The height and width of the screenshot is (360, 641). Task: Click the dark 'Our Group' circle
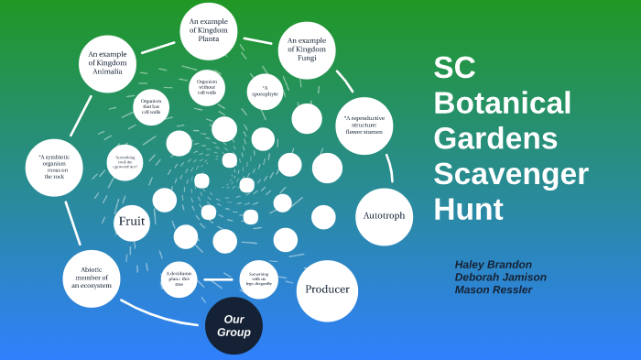coord(234,325)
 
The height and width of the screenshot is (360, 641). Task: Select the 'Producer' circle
coord(327,290)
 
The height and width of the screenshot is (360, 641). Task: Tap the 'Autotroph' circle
coord(384,216)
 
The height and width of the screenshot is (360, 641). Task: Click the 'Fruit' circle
coord(132,222)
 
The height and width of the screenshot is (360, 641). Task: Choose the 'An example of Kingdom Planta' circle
coord(209,31)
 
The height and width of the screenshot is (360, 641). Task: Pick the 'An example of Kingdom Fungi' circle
coord(307,49)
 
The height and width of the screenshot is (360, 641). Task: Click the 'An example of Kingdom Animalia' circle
coord(107,63)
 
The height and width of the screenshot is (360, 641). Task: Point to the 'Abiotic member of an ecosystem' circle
coord(92,278)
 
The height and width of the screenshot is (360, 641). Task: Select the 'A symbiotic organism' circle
coord(54,167)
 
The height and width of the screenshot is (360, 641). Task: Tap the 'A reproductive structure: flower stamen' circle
coord(364,125)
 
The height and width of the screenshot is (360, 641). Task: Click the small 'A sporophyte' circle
coord(265,92)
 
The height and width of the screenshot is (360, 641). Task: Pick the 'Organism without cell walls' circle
coord(207,87)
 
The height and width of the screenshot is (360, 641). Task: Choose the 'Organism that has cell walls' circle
coord(151,106)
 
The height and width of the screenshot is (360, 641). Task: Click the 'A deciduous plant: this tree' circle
coord(179,278)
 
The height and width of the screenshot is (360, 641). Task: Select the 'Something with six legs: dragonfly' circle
coord(259,278)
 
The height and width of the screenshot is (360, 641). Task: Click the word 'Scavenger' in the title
coord(510,174)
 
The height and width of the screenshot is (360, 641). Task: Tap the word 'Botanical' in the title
coord(502,103)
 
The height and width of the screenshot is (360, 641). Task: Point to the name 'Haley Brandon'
coord(494,264)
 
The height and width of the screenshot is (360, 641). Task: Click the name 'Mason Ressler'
coord(493,289)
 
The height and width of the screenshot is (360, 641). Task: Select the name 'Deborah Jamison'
coord(500,277)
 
